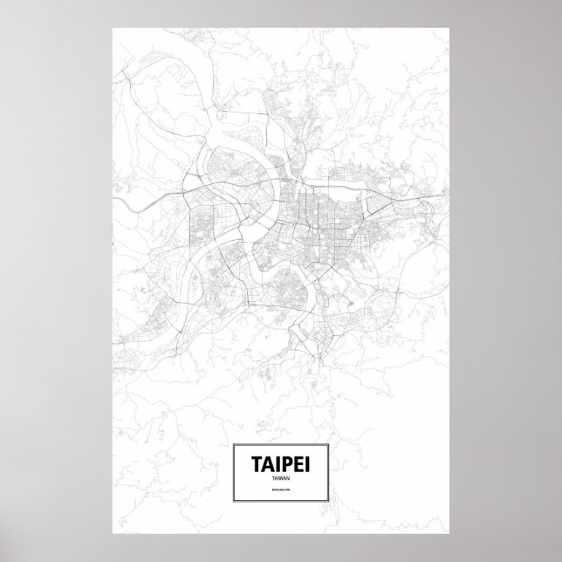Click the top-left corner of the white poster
[x=113, y=27]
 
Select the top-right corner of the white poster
[x=449, y=27]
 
